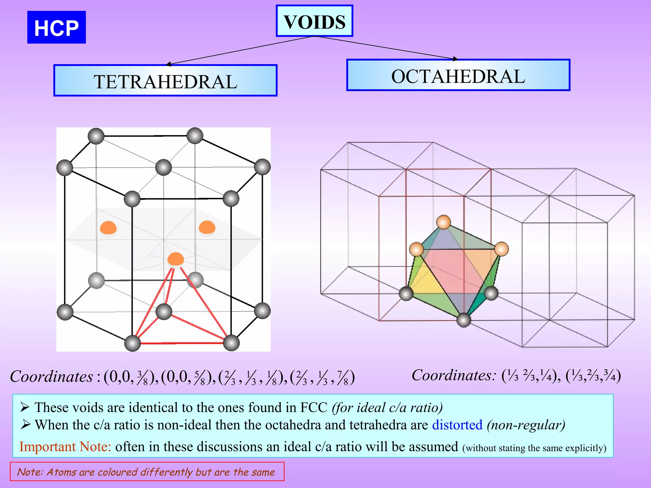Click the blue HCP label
[56, 27]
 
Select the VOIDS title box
[314, 21]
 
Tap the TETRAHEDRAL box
[165, 81]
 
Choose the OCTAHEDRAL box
[458, 75]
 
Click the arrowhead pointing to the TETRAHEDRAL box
[169, 64]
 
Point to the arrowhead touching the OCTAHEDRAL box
[455, 59]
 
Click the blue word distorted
[457, 425]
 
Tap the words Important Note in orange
[65, 447]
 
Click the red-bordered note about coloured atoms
[147, 472]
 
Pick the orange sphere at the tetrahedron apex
[175, 259]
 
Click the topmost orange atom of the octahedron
[443, 222]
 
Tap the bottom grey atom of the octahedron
[464, 320]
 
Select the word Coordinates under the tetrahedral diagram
[51, 377]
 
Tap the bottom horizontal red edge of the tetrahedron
[182, 343]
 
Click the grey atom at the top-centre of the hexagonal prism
[163, 167]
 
